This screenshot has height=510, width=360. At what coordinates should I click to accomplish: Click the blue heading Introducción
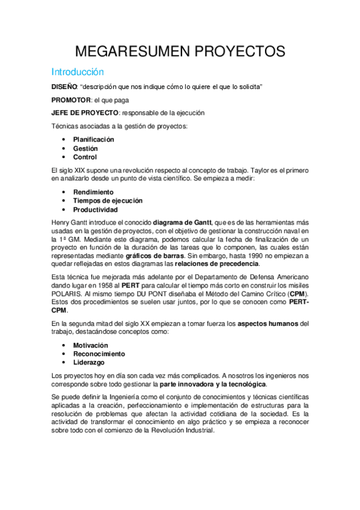(78, 71)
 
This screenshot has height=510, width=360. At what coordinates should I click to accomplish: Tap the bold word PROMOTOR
(71, 100)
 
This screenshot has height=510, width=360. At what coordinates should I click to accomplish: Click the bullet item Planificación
(94, 140)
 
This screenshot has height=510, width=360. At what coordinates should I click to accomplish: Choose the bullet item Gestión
(85, 149)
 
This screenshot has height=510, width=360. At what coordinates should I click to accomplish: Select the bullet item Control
(85, 158)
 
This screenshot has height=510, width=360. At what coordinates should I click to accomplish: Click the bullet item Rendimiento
(93, 192)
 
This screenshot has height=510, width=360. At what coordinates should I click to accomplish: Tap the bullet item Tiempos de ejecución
(108, 201)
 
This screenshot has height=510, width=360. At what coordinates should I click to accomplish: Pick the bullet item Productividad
(95, 210)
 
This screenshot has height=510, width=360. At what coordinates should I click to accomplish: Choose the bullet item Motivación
(91, 346)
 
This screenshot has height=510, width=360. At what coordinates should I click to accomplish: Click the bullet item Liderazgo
(88, 363)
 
